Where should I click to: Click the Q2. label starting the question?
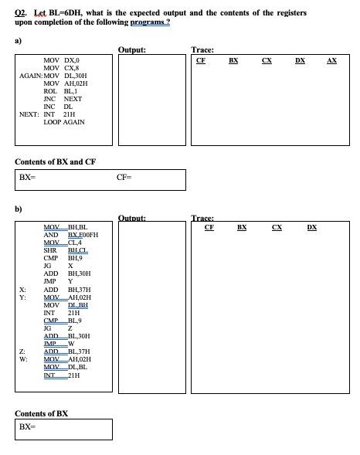tap(23, 13)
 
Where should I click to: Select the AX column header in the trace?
tap(332, 59)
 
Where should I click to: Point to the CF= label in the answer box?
tap(124, 178)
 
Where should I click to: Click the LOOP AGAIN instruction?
tap(64, 122)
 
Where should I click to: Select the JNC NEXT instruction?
tap(63, 99)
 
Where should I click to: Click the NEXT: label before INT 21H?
tap(30, 114)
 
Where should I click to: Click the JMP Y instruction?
tap(58, 281)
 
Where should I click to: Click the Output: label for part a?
tap(132, 50)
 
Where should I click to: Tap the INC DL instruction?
tap(58, 107)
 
